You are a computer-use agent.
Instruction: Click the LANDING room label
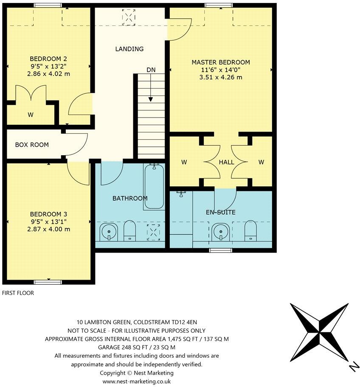129,49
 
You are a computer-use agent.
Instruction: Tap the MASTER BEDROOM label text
221,62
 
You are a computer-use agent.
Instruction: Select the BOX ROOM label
32,145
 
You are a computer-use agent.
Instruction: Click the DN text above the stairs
151,70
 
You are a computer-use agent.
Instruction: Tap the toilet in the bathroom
129,231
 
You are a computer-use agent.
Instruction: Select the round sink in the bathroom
109,232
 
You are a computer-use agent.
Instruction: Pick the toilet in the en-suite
250,230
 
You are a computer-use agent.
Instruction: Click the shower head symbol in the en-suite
181,194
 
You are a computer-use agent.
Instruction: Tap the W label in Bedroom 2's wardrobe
31,114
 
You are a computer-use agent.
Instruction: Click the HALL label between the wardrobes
226,162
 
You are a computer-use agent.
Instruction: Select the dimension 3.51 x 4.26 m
221,77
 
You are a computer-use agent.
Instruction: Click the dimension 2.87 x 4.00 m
49,229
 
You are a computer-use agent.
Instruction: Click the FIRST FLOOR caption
18,293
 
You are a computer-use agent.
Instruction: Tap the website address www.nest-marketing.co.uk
136,381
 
